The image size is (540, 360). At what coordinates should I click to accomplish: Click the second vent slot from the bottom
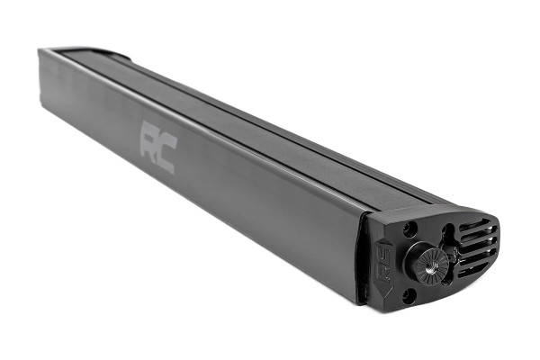click(478, 259)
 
